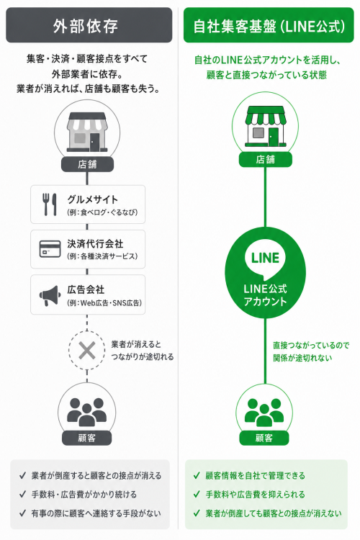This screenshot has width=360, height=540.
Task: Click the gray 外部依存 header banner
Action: [89, 25]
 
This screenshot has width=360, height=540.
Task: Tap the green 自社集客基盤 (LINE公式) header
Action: [269, 25]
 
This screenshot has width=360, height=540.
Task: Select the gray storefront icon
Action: [87, 132]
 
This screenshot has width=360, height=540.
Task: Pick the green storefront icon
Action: [265, 127]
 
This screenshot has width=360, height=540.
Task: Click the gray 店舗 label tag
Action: [87, 164]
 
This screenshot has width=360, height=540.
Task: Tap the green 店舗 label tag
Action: [265, 159]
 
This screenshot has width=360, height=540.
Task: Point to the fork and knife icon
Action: [50, 204]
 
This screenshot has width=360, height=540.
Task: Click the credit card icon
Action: [50, 249]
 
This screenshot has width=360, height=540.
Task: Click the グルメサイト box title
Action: [93, 199]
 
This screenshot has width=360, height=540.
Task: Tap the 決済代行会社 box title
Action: [95, 244]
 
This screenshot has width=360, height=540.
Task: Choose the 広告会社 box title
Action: [86, 289]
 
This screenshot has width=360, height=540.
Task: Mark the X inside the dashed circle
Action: [87, 351]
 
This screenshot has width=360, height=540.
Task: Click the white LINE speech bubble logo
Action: [265, 259]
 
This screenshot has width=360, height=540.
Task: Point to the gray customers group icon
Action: [86, 412]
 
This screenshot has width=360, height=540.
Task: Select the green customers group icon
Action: [264, 412]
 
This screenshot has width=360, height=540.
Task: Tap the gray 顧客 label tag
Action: [87, 438]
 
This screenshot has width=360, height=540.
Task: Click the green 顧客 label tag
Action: [264, 438]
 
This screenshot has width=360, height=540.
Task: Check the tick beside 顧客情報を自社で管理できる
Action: [197, 476]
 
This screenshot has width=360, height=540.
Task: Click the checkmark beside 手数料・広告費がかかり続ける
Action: [23, 495]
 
